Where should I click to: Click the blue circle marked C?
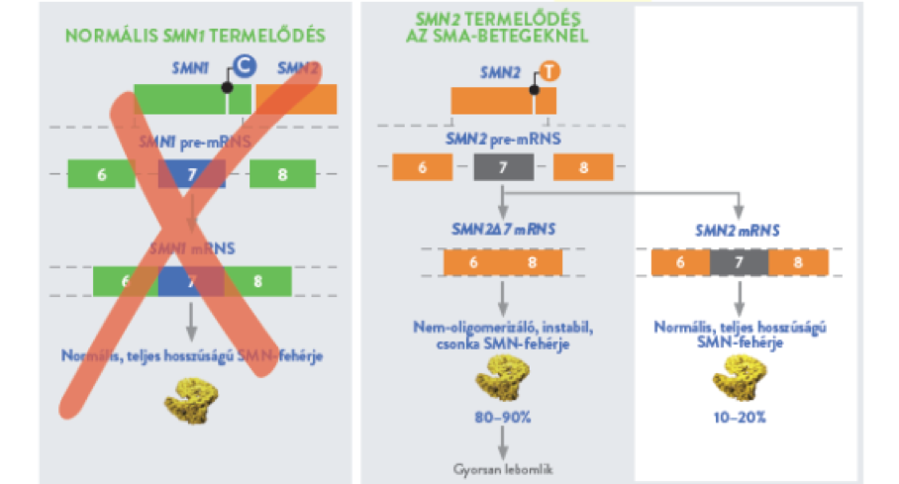242,67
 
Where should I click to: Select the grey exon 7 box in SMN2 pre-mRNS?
503,166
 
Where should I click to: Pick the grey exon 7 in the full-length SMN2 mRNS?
739,262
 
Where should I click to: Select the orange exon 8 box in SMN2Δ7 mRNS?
533,262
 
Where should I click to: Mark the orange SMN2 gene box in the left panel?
296,98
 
